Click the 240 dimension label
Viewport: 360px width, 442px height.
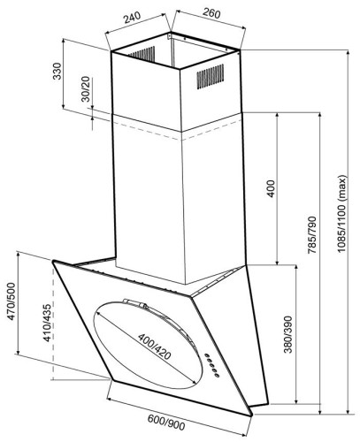pos(133,18)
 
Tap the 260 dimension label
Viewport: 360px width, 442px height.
pos(211,13)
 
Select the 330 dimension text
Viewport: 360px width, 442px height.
pos(57,72)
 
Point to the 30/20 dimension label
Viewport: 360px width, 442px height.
pos(86,89)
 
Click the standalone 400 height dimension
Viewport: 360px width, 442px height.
pos(271,188)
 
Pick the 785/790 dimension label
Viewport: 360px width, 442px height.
pos(311,235)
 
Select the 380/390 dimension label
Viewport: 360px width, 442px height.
pos(287,334)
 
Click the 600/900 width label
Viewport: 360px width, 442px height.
pos(166,422)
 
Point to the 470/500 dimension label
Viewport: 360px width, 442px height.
pos(11,301)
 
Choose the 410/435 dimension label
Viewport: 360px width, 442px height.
pos(47,323)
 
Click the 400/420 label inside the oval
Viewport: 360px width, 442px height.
pos(154,347)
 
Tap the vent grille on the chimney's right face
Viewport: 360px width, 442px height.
pos(211,76)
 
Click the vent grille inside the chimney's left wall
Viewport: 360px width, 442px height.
pos(142,54)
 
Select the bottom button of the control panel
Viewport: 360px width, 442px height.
pos(217,375)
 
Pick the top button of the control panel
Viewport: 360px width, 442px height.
pos(207,355)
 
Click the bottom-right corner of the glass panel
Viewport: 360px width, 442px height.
pos(252,415)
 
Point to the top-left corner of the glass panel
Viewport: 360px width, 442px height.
pos(53,262)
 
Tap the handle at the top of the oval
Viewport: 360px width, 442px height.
pos(135,303)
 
